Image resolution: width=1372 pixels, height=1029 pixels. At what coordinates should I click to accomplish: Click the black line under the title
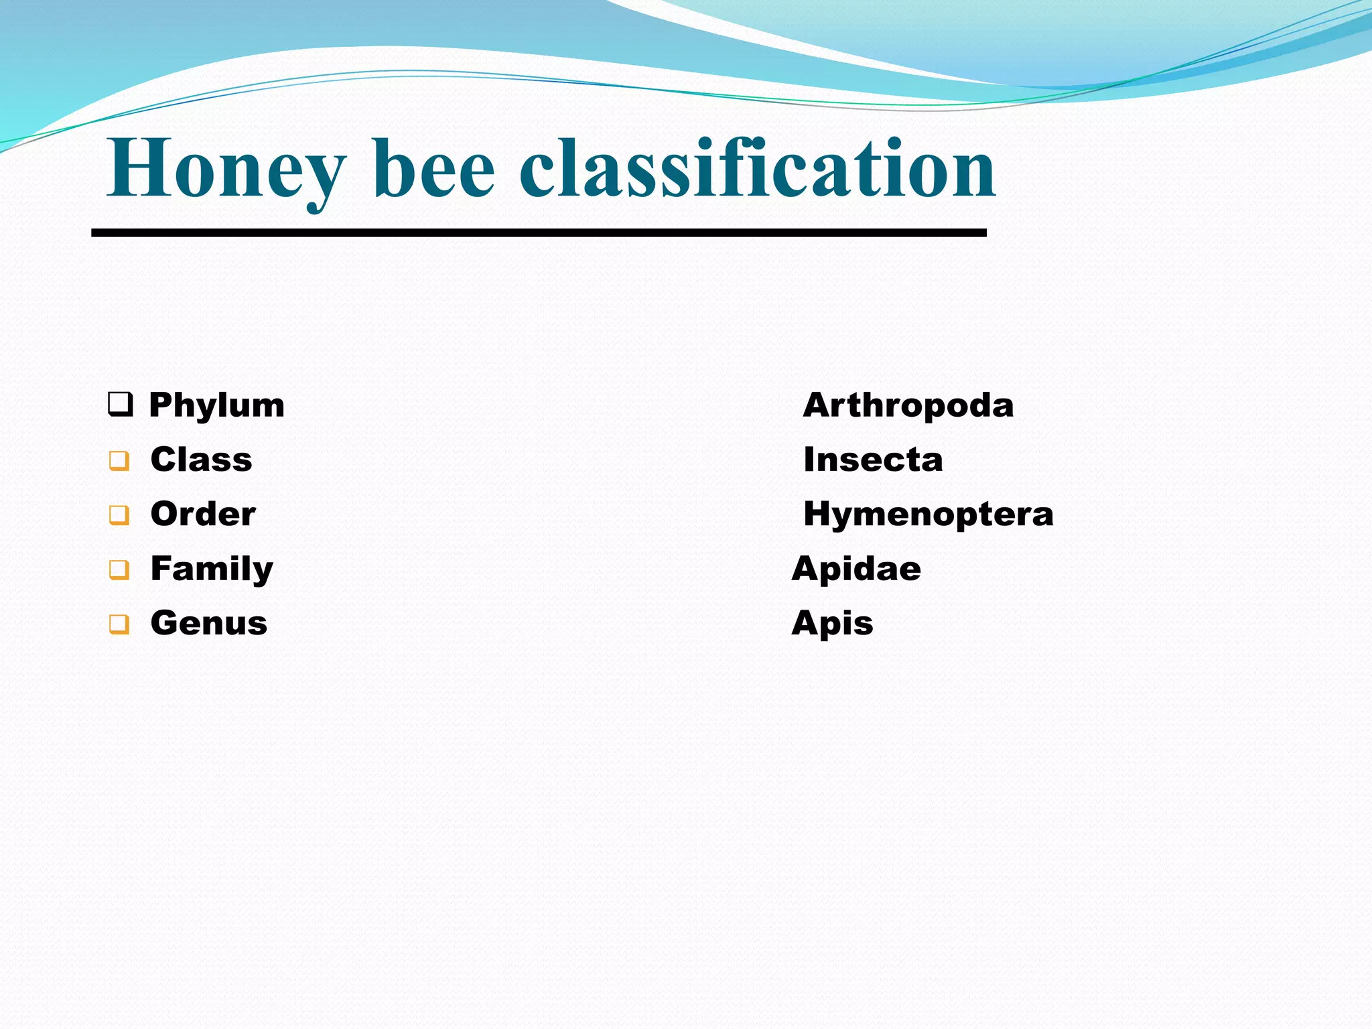coord(539,232)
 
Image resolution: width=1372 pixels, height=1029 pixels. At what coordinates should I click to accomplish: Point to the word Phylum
coord(216,405)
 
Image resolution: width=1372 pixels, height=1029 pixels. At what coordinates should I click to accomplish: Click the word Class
coord(201,460)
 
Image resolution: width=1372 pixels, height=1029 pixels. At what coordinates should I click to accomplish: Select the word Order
coord(203,514)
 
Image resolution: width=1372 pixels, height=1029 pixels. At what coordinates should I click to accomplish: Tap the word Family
coord(212,569)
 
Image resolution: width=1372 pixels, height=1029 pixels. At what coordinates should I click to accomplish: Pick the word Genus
coord(209,623)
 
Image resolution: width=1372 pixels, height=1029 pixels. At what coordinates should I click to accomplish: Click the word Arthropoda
coord(908,405)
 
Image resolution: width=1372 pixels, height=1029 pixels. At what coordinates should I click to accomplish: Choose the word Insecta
coord(873,460)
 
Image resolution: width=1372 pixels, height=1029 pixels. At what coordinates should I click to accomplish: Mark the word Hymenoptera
coord(928,514)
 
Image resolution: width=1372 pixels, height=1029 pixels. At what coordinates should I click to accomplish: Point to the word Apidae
coord(856,569)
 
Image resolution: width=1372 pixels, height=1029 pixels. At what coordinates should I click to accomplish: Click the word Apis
coord(832,624)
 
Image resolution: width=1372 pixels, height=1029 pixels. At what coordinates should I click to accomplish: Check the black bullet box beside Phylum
coord(120,405)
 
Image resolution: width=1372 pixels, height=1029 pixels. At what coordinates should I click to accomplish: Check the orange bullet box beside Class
coord(119,461)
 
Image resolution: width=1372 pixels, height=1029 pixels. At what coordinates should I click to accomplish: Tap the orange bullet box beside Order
coord(119,515)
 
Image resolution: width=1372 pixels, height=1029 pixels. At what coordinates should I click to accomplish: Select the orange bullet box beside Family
coord(119,569)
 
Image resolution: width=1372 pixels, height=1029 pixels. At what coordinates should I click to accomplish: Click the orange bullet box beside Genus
coord(119,624)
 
